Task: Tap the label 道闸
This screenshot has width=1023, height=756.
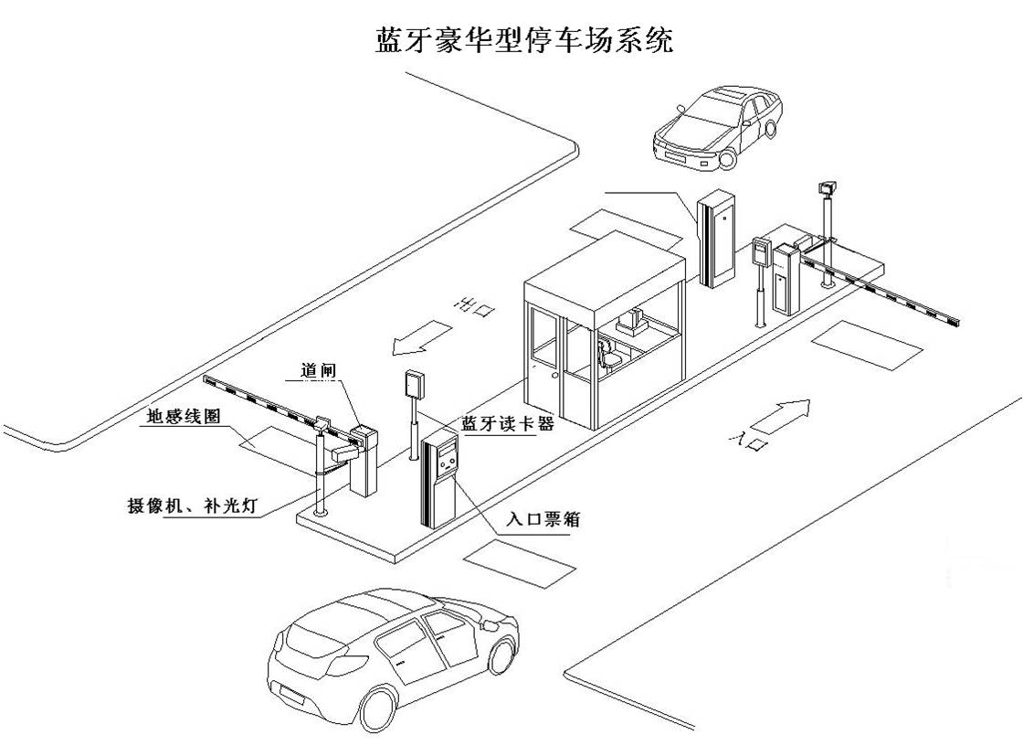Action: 320,371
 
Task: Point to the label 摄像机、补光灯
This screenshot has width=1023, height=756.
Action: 192,506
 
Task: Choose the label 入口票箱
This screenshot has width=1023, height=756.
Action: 543,519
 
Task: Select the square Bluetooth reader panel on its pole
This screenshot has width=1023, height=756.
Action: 416,385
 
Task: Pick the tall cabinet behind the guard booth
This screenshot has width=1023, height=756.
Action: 718,237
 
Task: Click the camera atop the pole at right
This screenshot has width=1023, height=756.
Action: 828,187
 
